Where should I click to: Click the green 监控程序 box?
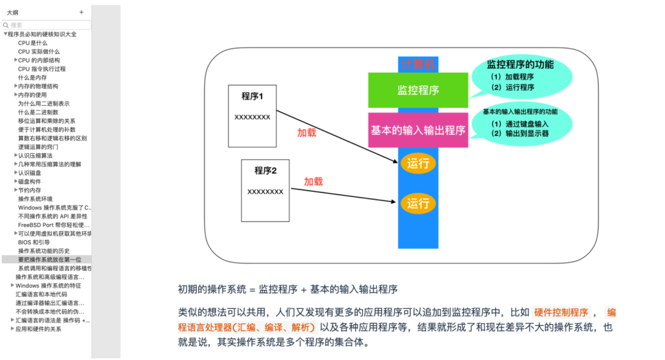[x=418, y=90]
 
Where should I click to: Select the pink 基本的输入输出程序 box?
[x=418, y=130]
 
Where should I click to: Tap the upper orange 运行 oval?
[x=418, y=164]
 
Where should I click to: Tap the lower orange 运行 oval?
[x=418, y=203]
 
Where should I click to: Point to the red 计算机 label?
[x=418, y=65]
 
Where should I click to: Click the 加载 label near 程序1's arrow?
[x=307, y=133]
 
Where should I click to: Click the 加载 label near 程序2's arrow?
[x=313, y=182]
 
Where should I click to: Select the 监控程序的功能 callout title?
[x=520, y=65]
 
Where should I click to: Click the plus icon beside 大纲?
[x=81, y=12]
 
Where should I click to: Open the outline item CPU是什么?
[x=33, y=43]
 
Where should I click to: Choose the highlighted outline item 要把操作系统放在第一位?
[x=49, y=260]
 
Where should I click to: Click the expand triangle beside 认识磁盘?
[x=15, y=173]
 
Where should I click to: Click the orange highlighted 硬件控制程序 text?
[x=561, y=311]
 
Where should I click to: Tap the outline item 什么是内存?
[x=33, y=78]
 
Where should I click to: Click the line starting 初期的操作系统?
[x=288, y=289]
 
